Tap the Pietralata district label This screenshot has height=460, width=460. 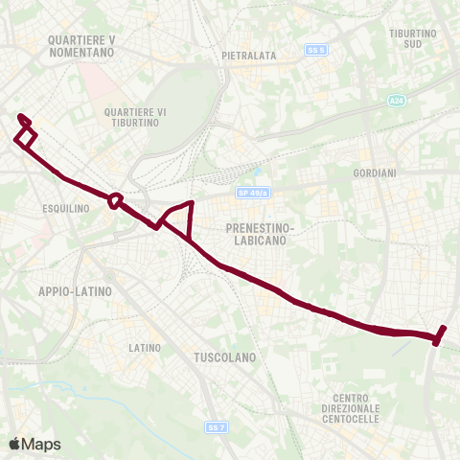click(x=248, y=56)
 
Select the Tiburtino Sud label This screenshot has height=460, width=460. click(x=413, y=38)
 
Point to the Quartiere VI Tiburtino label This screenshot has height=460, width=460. click(x=135, y=119)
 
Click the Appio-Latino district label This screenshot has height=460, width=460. click(x=76, y=290)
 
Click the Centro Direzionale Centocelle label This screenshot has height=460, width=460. click(x=357, y=409)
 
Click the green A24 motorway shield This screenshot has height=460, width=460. click(x=397, y=100)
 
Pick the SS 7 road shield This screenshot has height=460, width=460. click(x=217, y=426)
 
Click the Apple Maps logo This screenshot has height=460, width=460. click(x=34, y=444)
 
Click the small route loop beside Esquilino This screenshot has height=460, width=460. click(x=115, y=201)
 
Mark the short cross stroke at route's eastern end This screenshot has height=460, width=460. click(x=440, y=334)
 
